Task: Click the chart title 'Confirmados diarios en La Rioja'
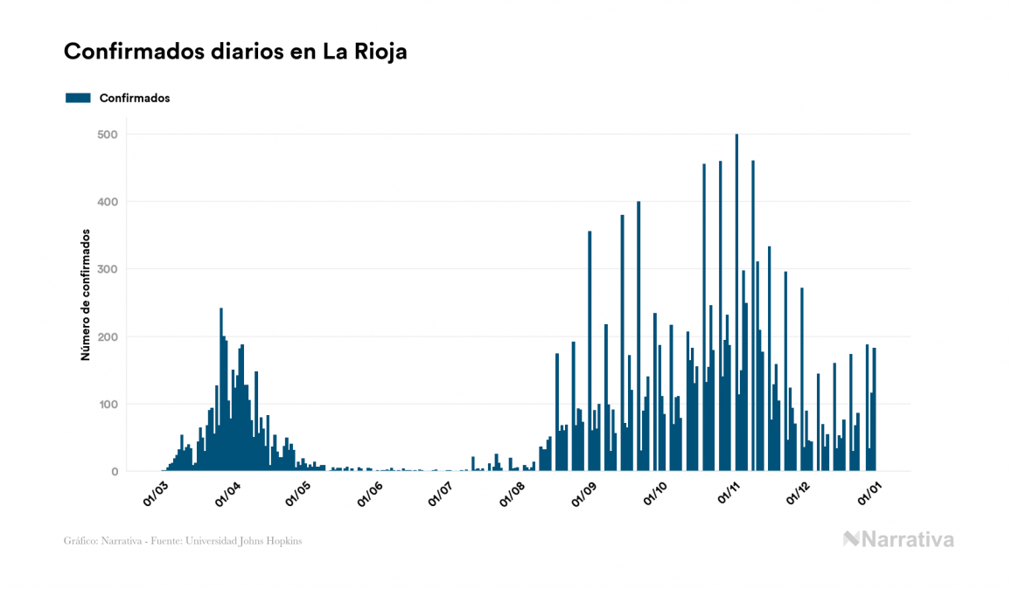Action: [x=235, y=52]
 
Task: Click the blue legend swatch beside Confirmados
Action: [x=78, y=98]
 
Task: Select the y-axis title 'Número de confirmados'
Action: [x=86, y=295]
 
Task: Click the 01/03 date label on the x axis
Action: [x=156, y=495]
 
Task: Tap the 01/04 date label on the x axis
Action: [x=227, y=495]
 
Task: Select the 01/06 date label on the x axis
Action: [x=370, y=495]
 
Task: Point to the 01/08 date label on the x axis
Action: [x=512, y=495]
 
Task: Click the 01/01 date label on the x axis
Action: [x=869, y=495]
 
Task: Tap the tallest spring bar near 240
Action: [x=221, y=393]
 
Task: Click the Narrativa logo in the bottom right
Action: [x=898, y=539]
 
